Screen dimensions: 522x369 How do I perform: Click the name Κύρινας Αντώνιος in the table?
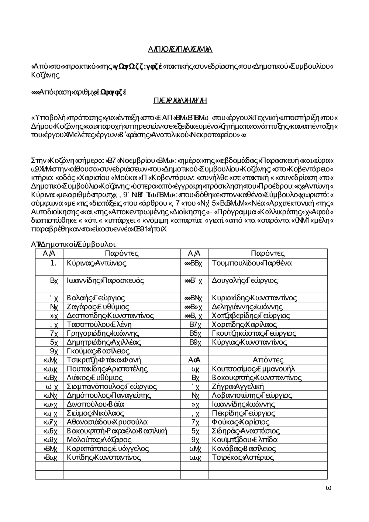97,263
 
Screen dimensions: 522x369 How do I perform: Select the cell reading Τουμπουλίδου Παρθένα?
252,263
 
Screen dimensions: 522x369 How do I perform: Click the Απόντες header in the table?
268,360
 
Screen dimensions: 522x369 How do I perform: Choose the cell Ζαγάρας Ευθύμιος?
98,307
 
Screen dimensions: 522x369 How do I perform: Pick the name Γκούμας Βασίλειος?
98,351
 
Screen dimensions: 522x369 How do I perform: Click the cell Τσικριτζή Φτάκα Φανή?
104,360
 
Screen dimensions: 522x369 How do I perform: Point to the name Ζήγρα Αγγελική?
238,387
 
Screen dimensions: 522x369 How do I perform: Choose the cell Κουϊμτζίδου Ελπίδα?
245,440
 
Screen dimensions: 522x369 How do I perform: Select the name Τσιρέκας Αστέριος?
243,457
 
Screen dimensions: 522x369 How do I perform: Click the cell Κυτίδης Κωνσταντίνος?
104,457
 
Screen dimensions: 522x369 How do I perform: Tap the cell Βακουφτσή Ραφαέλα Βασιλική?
117,431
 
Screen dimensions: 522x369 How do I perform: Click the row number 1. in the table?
54,263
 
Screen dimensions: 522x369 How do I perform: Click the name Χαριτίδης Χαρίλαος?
244,325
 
